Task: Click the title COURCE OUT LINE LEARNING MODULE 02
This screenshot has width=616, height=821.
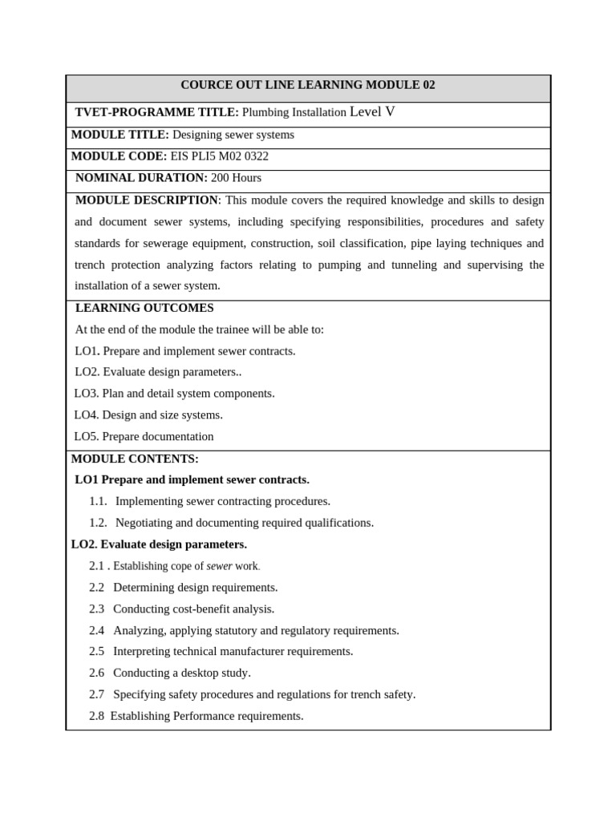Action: tap(307, 85)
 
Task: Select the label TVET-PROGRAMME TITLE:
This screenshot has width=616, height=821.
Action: tap(156, 112)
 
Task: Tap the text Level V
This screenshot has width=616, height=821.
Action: tap(372, 111)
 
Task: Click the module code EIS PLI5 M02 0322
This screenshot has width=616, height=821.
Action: tap(219, 156)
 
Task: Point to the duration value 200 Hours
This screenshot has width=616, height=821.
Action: tap(236, 178)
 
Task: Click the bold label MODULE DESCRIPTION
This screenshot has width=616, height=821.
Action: tap(146, 200)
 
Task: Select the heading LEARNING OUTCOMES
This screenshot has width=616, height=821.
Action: tap(144, 308)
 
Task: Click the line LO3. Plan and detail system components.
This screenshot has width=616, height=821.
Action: tap(175, 394)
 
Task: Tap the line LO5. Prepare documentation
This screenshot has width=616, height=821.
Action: tap(144, 437)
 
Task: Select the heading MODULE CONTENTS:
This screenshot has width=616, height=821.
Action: tap(135, 459)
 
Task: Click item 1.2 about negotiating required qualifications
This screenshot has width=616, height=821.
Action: tap(232, 523)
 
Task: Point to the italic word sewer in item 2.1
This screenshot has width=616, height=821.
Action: tap(219, 566)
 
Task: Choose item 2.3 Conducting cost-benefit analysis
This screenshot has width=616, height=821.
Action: tap(182, 609)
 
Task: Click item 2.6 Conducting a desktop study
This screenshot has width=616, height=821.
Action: tap(170, 673)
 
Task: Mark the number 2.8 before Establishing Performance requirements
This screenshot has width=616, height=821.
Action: tap(96, 716)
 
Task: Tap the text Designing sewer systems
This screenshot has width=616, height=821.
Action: tap(233, 135)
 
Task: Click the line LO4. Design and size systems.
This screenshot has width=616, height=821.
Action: tap(148, 415)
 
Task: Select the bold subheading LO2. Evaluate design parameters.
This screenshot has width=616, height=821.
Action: tap(159, 544)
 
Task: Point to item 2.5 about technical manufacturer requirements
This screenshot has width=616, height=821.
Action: tap(221, 651)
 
